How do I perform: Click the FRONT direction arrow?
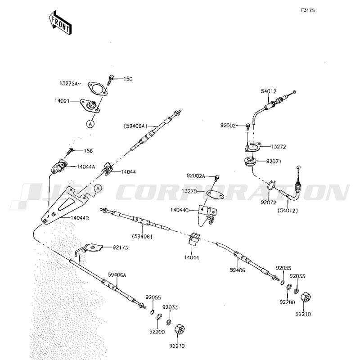tap(60, 22)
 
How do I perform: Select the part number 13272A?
tap(69, 84)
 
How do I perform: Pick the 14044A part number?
tap(86, 166)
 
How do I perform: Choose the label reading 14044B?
tap(80, 218)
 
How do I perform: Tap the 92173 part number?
tap(121, 247)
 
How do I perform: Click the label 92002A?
tap(196, 175)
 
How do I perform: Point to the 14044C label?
tap(180, 210)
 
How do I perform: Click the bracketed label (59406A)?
tap(135, 126)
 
